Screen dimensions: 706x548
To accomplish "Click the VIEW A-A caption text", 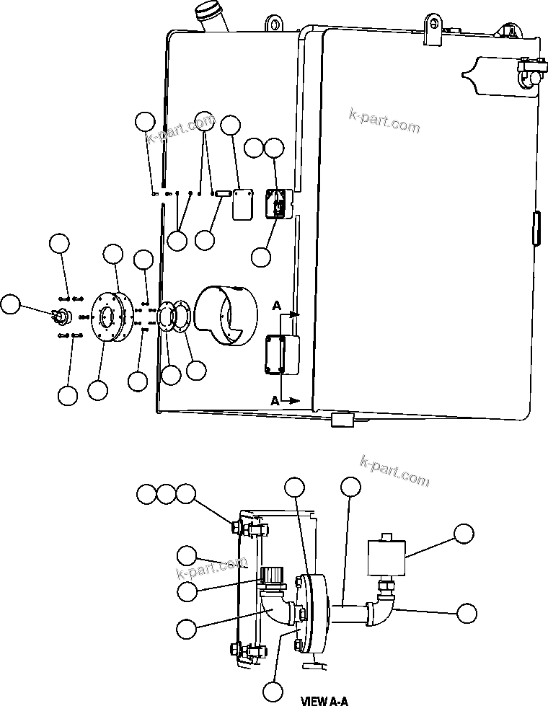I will tap(324, 700).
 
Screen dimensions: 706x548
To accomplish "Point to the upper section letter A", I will tap(275, 305).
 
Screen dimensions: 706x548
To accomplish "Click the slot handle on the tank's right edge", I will tap(536, 229).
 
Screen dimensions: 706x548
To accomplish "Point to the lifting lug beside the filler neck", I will tap(275, 24).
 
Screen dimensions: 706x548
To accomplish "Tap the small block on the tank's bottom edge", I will tap(340, 420).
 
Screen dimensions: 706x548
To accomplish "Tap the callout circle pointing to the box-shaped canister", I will tap(464, 534).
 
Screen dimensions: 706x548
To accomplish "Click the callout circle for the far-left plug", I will tap(10, 304).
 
